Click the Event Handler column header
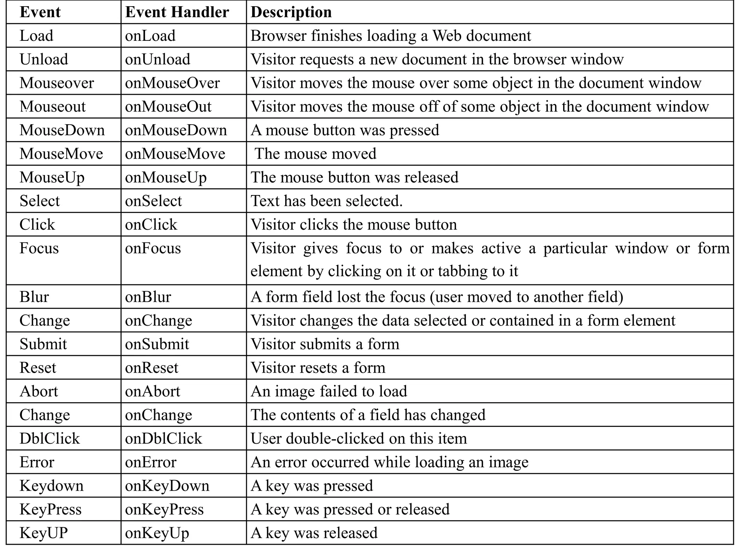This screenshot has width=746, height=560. [x=177, y=12]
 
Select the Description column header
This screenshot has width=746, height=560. [x=291, y=12]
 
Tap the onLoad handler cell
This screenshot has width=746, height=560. [x=150, y=36]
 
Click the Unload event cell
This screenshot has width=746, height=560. [x=44, y=59]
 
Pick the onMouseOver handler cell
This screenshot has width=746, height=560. [x=172, y=83]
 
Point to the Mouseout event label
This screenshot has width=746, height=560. [x=52, y=106]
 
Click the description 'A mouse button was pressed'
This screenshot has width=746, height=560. [x=345, y=130]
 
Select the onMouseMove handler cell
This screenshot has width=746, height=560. [x=175, y=154]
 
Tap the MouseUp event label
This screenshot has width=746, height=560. [x=52, y=178]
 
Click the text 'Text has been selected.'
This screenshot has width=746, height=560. [x=326, y=201]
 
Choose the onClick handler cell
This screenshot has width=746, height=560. [x=151, y=225]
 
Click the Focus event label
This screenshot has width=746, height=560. [x=39, y=248]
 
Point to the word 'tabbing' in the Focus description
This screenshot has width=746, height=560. [x=461, y=271]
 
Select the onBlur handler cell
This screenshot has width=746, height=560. [x=148, y=297]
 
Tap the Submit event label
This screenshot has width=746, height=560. [x=43, y=344]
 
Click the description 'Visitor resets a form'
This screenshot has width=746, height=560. [x=318, y=367]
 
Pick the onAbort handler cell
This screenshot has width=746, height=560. [x=152, y=391]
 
